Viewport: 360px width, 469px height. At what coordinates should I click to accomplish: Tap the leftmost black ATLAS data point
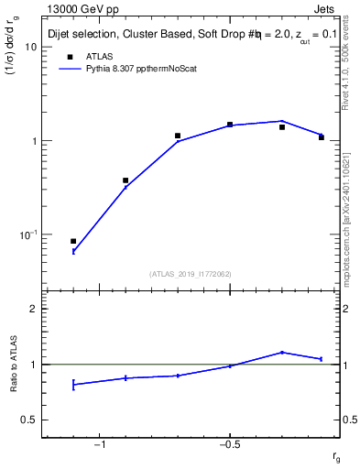(x=73, y=241)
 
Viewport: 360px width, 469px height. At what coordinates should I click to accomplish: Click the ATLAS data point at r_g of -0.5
(x=230, y=125)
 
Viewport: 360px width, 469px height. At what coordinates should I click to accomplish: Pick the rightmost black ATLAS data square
(x=322, y=137)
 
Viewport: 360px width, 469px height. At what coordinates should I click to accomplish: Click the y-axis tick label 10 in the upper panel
(x=30, y=47)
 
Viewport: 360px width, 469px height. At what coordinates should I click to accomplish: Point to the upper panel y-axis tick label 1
(x=33, y=141)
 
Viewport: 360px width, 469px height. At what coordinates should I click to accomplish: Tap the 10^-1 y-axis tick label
(x=28, y=235)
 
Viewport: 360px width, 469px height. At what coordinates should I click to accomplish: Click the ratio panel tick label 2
(x=33, y=309)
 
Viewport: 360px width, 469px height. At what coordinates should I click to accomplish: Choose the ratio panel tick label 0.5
(x=29, y=420)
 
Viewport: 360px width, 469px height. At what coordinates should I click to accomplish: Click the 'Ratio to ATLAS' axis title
(x=15, y=365)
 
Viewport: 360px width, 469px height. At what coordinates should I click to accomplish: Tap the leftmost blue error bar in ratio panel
(x=73, y=384)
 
